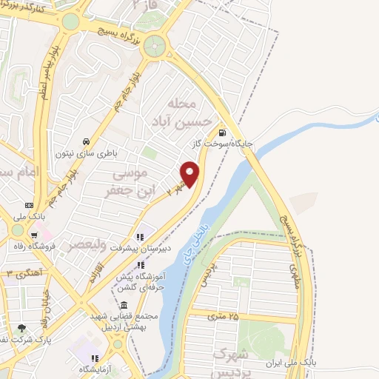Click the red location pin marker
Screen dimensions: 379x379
pyautogui.click(x=191, y=175)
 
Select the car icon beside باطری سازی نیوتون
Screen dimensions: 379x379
pyautogui.click(x=87, y=141)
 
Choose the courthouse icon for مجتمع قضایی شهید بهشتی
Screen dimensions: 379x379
pyautogui.click(x=123, y=306)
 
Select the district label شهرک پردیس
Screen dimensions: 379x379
pyautogui.click(x=234, y=360)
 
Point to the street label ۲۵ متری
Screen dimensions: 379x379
pyautogui.click(x=223, y=317)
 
